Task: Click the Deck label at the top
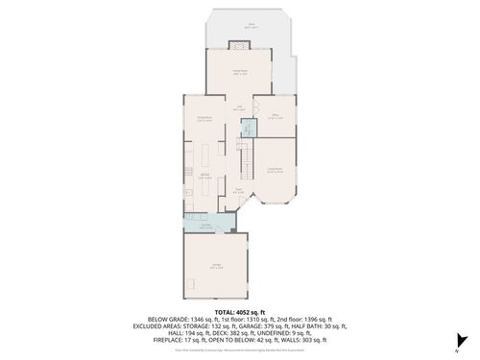[x=252, y=26]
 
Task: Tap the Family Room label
[x=236, y=71]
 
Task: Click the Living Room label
[x=274, y=171]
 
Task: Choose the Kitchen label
[x=204, y=177]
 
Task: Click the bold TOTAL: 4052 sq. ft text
[x=239, y=311]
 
